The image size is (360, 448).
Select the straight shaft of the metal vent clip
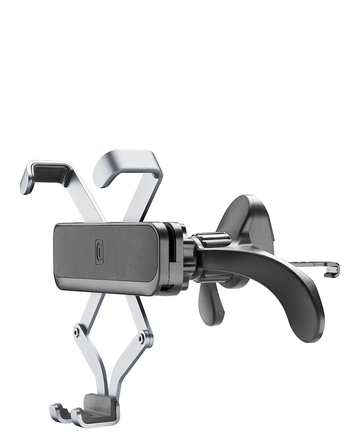(309, 265)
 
